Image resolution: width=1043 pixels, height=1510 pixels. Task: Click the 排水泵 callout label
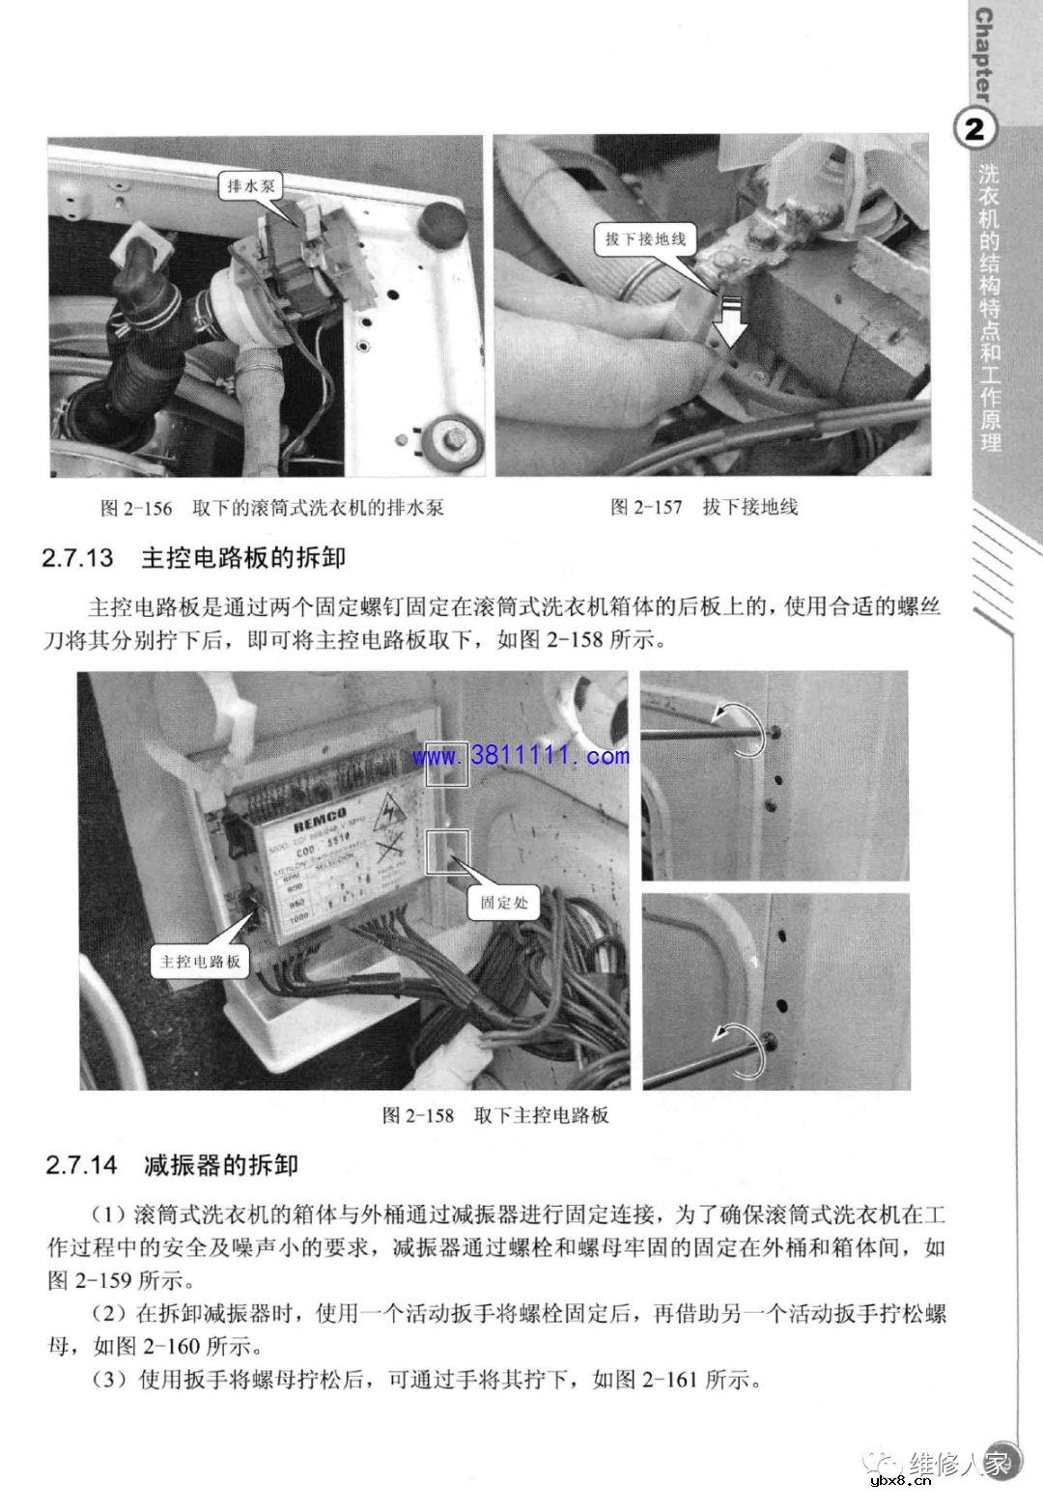251,186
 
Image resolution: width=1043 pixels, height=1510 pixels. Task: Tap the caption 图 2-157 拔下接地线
705,507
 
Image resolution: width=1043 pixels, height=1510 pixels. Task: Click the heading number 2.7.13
78,559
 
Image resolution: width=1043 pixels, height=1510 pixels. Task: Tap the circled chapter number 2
975,129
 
